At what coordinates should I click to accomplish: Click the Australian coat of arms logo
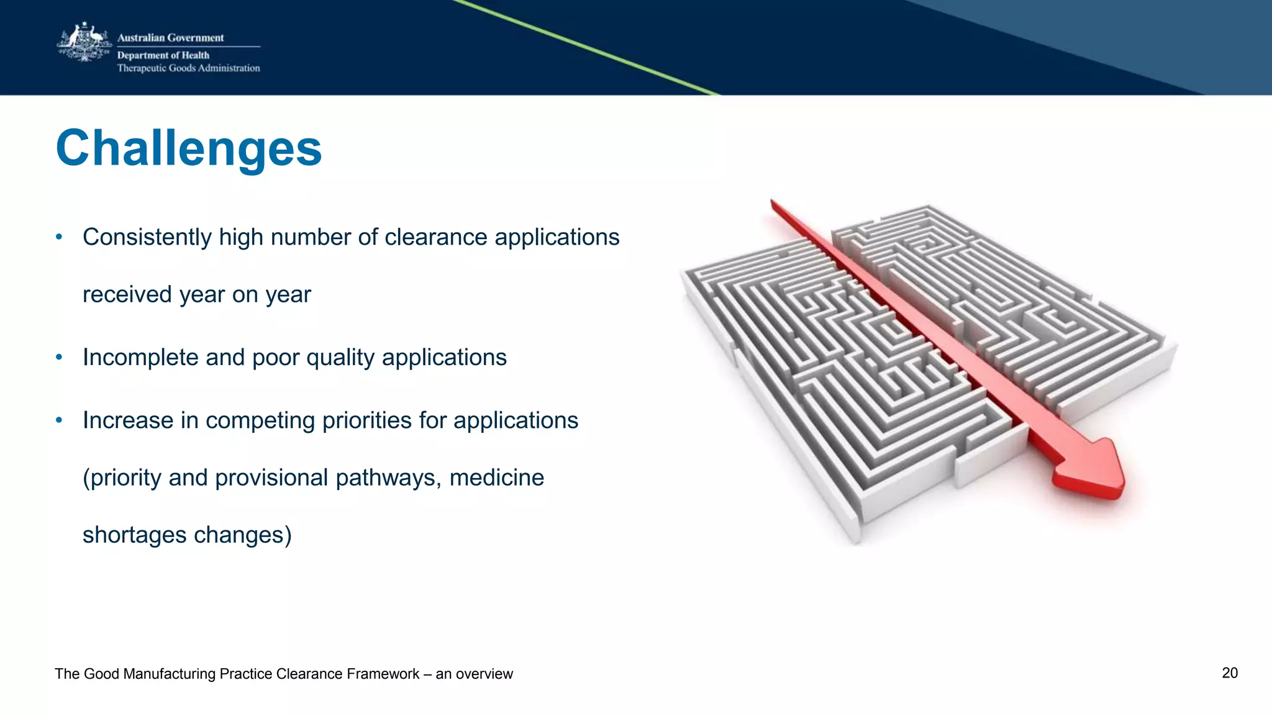point(84,43)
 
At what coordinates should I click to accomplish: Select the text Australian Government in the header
point(170,38)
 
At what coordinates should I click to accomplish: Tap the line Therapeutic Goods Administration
point(188,68)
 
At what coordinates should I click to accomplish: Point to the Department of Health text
point(163,55)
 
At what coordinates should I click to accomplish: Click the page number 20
point(1229,673)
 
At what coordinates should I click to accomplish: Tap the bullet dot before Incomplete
point(59,357)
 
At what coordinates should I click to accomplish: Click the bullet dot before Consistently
point(59,237)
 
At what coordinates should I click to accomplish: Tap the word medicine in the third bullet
point(496,478)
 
